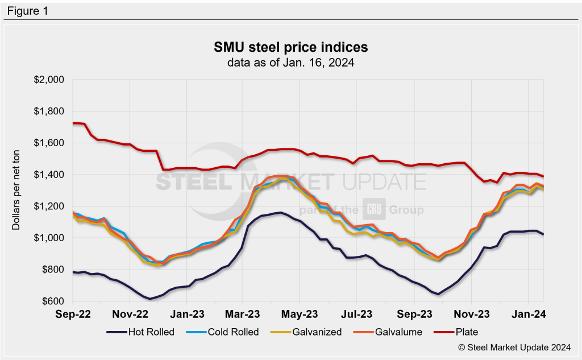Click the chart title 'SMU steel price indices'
[x=290, y=47]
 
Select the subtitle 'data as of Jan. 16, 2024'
[x=290, y=63]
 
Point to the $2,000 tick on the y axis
[x=49, y=80]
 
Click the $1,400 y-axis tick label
[x=49, y=175]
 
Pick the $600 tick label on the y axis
[x=52, y=301]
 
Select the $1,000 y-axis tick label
[x=49, y=238]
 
